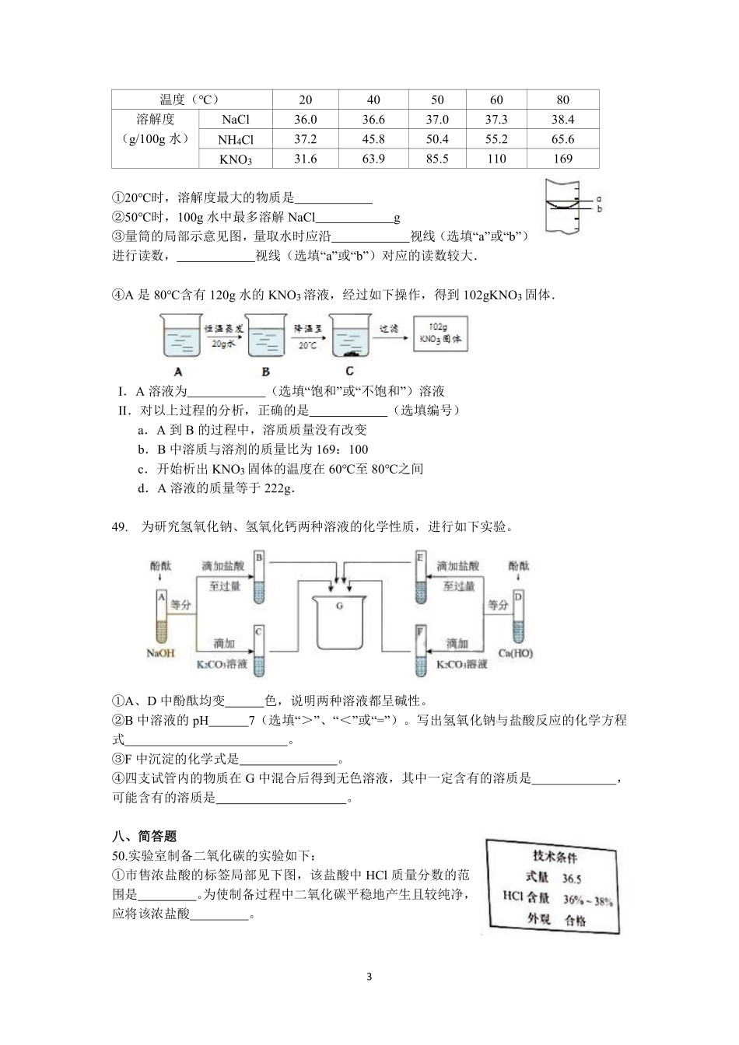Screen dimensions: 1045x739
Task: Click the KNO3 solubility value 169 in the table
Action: click(x=562, y=159)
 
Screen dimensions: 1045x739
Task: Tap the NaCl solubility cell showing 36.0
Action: click(x=306, y=120)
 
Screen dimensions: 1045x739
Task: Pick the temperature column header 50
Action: click(x=437, y=100)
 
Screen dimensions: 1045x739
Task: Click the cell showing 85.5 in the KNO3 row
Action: click(x=437, y=159)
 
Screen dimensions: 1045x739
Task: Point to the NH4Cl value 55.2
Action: click(x=496, y=139)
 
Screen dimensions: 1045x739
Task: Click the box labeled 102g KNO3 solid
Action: click(x=440, y=334)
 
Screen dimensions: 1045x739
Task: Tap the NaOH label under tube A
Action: click(x=161, y=653)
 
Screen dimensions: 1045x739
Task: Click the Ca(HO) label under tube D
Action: click(x=516, y=653)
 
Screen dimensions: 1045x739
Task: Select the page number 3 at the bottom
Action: click(x=369, y=977)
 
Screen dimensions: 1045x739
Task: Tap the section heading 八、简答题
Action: click(x=145, y=837)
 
